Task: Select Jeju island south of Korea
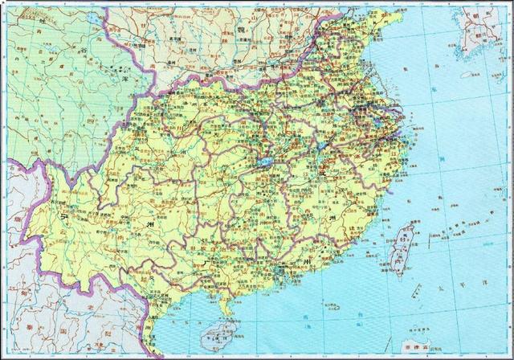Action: coord(467,75)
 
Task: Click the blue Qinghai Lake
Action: coord(96,17)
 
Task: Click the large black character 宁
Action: coord(59,215)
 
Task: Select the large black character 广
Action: coord(206,261)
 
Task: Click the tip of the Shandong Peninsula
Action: coord(391,22)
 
